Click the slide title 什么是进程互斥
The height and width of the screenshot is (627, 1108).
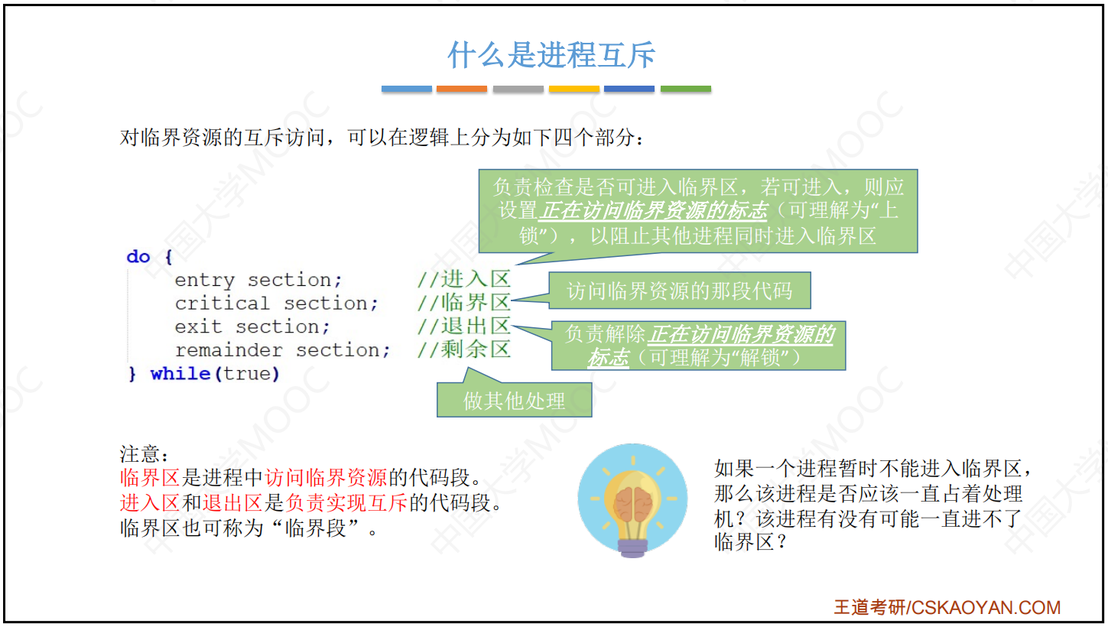[x=551, y=54]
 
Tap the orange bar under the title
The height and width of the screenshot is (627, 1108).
[x=462, y=89]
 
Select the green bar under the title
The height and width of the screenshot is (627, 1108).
[x=686, y=89]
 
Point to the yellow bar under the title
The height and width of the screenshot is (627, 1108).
[x=573, y=89]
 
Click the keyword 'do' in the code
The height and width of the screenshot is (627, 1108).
[x=138, y=257]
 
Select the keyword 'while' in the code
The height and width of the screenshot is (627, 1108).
[x=180, y=373]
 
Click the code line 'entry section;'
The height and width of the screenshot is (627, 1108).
[x=258, y=281]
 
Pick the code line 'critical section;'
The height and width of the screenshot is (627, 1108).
[x=277, y=304]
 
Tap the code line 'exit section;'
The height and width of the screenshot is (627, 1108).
[x=252, y=326]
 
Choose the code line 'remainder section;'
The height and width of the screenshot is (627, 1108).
[x=283, y=350]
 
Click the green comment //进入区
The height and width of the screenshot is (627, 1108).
[x=463, y=279]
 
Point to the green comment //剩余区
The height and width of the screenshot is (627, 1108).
[x=463, y=349]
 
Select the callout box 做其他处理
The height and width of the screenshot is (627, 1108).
[x=515, y=400]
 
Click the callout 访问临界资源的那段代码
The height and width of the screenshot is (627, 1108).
[x=680, y=291]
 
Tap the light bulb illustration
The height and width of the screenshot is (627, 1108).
[x=632, y=500]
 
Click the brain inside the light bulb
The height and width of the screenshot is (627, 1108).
[x=632, y=505]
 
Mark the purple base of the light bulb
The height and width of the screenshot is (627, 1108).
[x=632, y=548]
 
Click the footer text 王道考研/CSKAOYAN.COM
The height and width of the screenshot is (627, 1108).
[x=947, y=607]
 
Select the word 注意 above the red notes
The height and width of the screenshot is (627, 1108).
[x=140, y=454]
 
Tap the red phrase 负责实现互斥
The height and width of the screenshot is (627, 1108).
[x=346, y=503]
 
